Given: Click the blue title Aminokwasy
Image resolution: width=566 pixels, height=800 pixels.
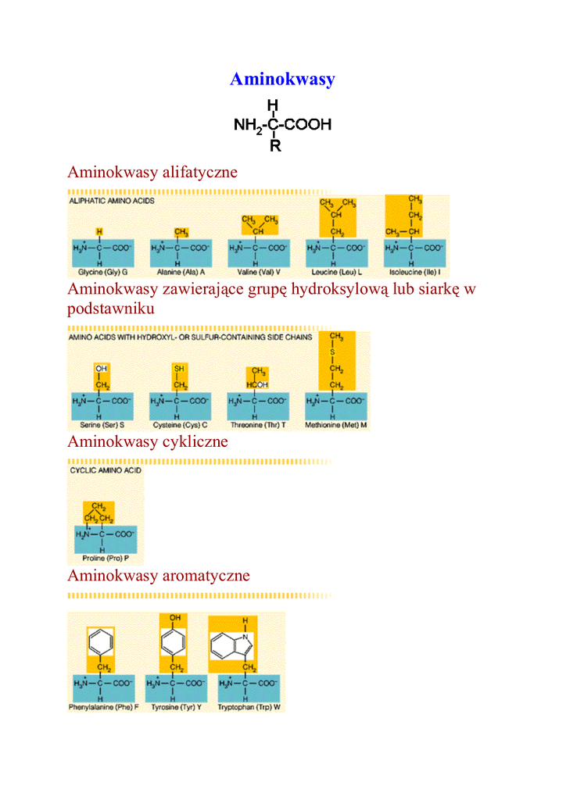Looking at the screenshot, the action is click(x=282, y=79).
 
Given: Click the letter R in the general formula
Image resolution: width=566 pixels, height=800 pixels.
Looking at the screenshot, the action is click(x=275, y=145).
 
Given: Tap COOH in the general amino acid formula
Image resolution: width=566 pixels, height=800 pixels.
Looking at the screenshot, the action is click(x=308, y=124).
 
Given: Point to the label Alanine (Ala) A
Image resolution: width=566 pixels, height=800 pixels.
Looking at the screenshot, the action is click(x=181, y=273).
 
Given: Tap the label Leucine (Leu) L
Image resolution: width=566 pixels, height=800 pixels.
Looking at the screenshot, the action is click(x=337, y=273).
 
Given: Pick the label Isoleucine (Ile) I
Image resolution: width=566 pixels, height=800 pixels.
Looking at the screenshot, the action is click(x=415, y=273).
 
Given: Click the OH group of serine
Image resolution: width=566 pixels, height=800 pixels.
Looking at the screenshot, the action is click(x=102, y=367).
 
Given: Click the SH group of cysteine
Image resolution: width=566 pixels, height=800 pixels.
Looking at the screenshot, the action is click(x=180, y=367).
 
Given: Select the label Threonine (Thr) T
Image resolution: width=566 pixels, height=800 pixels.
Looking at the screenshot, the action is click(x=259, y=425).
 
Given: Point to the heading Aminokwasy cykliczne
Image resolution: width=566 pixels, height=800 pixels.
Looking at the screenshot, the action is click(x=147, y=441).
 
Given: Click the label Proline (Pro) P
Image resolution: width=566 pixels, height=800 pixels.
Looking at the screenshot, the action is click(x=106, y=559).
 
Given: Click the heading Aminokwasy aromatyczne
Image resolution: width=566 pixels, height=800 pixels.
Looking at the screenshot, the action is click(x=158, y=576).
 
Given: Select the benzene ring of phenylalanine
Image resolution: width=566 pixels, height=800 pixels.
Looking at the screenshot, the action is click(x=99, y=643).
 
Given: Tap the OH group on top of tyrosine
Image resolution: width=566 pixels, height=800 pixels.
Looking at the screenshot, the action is click(x=174, y=618).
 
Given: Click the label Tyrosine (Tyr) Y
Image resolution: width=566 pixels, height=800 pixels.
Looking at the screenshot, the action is click(x=177, y=707).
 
